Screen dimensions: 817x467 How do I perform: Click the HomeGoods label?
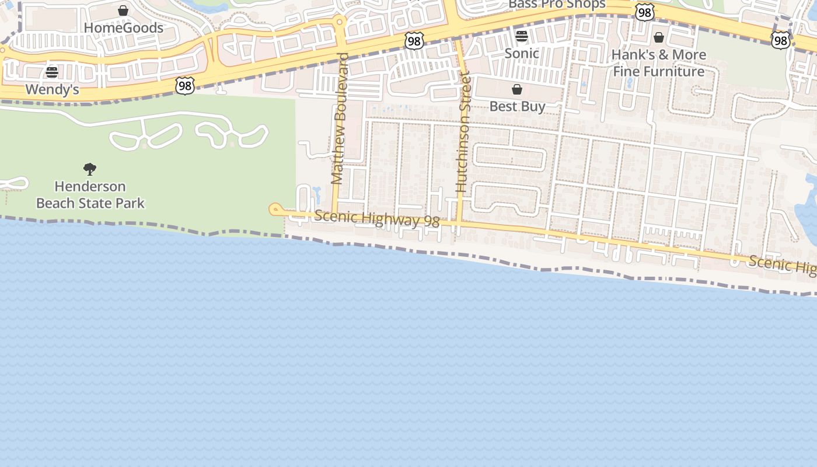click(123, 27)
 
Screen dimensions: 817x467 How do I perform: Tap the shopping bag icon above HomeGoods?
click(123, 11)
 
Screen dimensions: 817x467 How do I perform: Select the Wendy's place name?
click(52, 90)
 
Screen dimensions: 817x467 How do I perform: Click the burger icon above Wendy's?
click(52, 72)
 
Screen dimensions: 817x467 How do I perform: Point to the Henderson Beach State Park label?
click(90, 194)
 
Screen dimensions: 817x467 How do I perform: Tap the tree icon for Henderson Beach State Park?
click(90, 169)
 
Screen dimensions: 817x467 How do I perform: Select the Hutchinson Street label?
click(463, 132)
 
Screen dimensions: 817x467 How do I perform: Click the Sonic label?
click(522, 53)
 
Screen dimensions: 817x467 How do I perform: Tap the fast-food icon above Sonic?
click(522, 36)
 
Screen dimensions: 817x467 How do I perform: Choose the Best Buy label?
click(517, 106)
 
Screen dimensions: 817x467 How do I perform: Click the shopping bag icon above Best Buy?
click(517, 89)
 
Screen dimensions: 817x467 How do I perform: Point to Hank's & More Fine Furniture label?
click(659, 63)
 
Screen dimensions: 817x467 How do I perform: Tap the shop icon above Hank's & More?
click(659, 38)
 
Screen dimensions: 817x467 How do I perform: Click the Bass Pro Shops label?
click(557, 5)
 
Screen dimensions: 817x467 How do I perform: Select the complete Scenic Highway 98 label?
click(377, 219)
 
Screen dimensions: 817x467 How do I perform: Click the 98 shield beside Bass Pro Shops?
click(644, 12)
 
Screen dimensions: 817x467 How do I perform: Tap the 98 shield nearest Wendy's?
click(184, 86)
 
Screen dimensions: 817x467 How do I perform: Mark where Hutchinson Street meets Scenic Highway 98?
click(459, 224)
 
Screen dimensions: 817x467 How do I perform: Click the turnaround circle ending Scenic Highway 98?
click(275, 210)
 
